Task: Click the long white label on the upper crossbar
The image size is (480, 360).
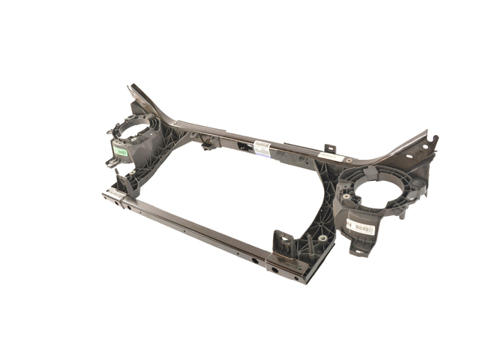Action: click(330, 157)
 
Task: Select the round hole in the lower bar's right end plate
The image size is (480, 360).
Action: click(274, 269)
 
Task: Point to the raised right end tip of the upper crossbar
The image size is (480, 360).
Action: click(433, 138)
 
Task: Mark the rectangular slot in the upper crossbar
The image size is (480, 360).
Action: click(241, 146)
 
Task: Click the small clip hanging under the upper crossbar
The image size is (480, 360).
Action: click(208, 143)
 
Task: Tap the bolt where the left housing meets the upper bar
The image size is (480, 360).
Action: click(174, 123)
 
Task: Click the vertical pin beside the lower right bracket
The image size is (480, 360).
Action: click(308, 244)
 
